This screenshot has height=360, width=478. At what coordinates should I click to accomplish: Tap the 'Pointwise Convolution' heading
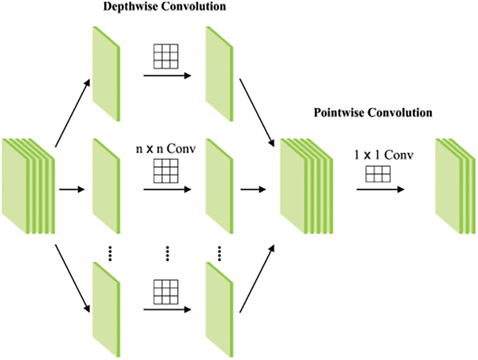[x=373, y=113]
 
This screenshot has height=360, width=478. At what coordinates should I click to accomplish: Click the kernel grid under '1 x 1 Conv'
[x=378, y=173]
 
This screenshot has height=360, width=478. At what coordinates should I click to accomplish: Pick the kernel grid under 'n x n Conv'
[x=166, y=171]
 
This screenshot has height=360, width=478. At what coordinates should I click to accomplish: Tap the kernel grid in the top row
[x=166, y=58]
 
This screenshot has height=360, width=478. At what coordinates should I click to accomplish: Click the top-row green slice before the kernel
[x=106, y=73]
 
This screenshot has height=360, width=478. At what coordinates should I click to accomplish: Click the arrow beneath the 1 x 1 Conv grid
[x=380, y=189]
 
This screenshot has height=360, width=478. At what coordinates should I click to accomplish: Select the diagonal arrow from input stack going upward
[x=73, y=113]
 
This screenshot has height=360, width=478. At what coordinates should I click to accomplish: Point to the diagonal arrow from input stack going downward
[x=73, y=279]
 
